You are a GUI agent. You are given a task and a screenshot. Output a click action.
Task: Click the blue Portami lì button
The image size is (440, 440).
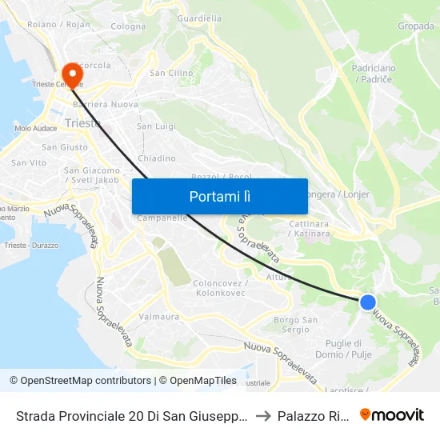pos(220,196)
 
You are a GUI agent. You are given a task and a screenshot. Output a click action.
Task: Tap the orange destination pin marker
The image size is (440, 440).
pos(72,75)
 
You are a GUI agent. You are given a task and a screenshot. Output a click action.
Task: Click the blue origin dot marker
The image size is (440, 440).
pos(367,302)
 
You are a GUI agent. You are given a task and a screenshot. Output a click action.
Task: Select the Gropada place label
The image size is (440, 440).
pos(416,26)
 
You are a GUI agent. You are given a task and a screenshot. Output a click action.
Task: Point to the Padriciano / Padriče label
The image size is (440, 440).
pos(374,74)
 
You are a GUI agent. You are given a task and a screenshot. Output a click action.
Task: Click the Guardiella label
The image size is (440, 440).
pos(199,18)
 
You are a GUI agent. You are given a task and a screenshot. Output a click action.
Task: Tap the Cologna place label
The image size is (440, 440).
pos(128,26)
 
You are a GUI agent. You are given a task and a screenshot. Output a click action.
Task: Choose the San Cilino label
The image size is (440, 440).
pos(172,73)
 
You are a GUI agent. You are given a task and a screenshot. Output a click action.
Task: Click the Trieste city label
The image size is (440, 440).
pos(83,123)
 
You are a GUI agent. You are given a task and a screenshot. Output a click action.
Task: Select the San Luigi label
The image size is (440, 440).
pos(156,126)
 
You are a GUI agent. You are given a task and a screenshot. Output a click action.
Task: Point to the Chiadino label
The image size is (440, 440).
pos(156,158)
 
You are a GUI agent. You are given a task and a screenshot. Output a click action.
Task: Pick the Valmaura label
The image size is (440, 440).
pos(159,317)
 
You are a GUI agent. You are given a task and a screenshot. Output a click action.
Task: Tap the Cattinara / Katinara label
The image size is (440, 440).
pos(309,229)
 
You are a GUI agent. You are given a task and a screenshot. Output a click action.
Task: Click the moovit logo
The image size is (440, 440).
pos(392,414)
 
